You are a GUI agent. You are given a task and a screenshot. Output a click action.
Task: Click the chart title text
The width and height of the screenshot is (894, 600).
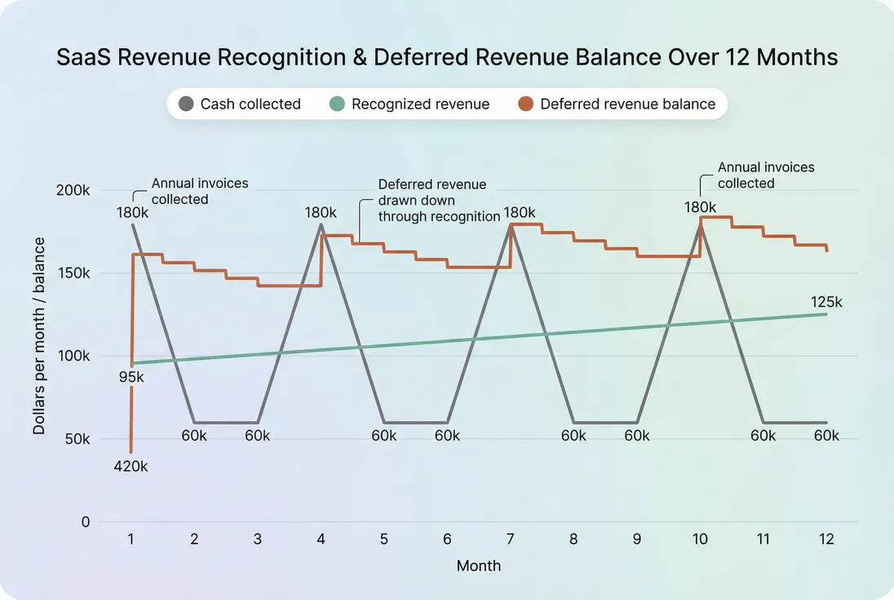447,58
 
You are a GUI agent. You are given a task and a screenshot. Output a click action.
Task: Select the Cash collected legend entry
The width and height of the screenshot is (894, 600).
240,104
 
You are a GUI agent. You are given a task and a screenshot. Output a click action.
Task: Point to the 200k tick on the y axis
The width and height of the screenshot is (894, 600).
73,190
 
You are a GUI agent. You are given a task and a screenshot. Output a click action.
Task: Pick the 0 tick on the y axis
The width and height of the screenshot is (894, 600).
85,522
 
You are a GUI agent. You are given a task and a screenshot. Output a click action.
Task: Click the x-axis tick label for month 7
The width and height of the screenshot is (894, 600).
511,540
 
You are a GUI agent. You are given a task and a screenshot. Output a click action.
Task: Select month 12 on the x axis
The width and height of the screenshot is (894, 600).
826,540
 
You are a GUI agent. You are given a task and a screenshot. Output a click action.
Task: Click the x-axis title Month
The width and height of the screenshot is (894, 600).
479,566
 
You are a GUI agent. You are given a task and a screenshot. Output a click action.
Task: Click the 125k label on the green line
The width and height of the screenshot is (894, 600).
826,302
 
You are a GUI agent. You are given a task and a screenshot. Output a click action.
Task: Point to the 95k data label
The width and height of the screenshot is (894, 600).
131,378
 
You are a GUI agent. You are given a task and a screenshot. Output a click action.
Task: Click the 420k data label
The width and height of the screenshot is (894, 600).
131,466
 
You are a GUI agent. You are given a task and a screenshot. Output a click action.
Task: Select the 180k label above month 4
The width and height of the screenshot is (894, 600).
321,212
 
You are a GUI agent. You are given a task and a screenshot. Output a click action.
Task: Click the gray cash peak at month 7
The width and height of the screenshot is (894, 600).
511,225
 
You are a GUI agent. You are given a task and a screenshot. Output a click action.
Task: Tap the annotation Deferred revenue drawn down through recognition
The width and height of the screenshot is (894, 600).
438,201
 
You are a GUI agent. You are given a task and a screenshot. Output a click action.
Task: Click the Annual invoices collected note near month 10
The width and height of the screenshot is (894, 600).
765,175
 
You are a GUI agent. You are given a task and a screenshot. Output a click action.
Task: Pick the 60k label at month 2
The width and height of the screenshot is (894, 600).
194,435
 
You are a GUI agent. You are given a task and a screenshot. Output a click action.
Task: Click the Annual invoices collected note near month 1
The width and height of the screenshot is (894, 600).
199,191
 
